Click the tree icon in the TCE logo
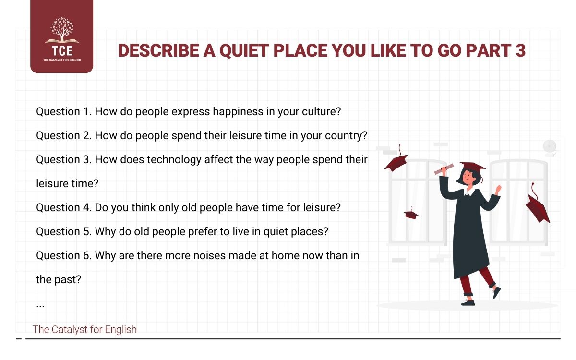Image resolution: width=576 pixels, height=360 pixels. coord(61,30)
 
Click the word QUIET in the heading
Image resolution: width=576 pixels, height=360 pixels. coord(238,51)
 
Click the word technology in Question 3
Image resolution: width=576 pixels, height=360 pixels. coord(173,159)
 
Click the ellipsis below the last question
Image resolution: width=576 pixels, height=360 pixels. coord(40,305)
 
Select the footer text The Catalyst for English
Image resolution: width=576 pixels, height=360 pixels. coord(84,329)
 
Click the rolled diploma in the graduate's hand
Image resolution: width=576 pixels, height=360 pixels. coord(444,168)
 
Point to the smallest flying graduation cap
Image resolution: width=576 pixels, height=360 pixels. coord(411,213)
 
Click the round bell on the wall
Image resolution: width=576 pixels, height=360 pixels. coord(549,146)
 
